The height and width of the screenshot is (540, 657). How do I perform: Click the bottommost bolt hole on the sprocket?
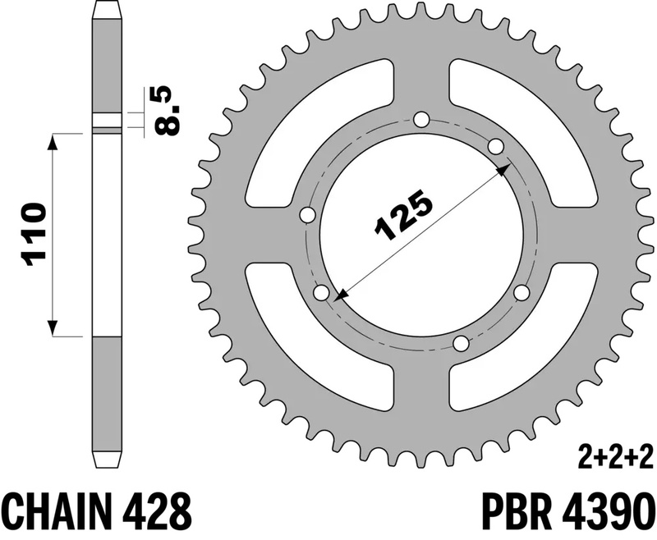click(x=462, y=342)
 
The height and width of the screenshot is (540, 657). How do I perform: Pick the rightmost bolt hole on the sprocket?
click(x=520, y=293)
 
